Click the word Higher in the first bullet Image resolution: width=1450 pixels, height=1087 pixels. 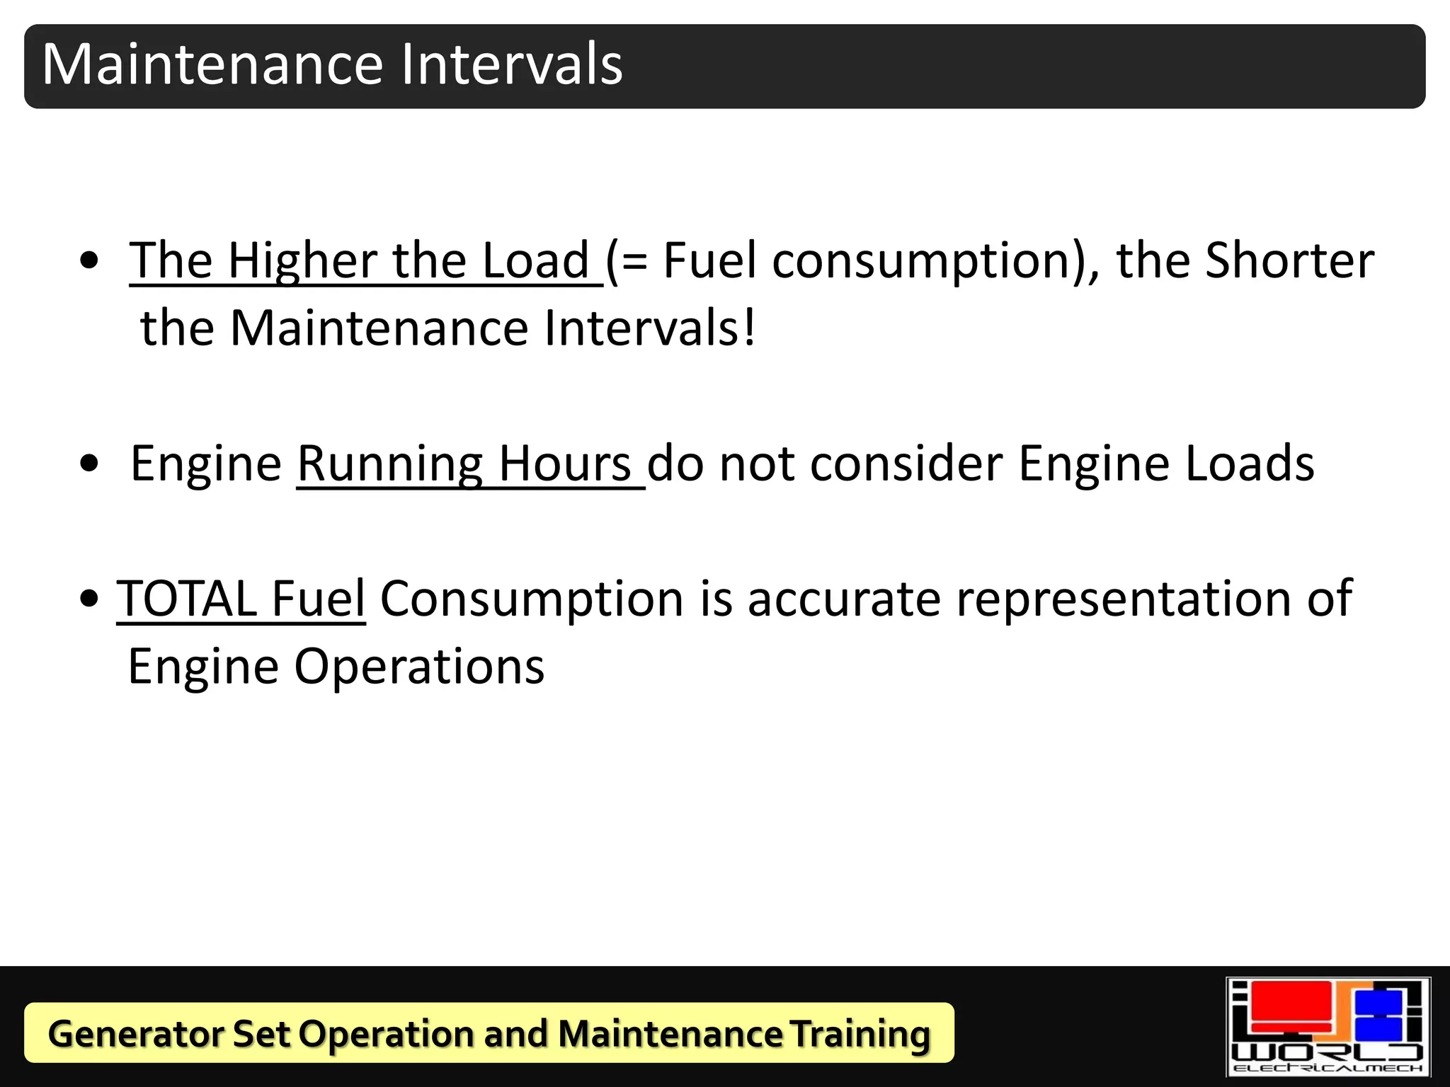tap(302, 261)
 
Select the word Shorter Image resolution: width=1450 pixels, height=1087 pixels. tap(1289, 261)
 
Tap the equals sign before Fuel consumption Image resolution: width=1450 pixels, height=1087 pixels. tap(635, 263)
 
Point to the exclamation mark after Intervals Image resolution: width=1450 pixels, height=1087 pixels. tap(749, 328)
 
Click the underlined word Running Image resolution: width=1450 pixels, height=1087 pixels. tap(389, 464)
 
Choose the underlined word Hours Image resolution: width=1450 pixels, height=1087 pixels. tap(564, 464)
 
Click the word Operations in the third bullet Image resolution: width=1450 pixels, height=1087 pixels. tap(419, 667)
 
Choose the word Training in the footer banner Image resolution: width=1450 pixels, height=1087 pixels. tap(860, 1033)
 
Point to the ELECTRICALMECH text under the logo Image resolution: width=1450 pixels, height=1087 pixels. tap(1328, 1067)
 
